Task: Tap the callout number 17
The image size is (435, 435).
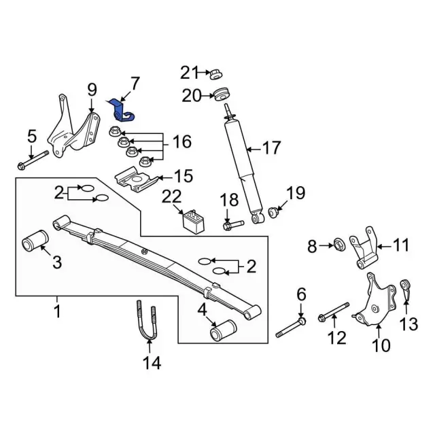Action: [271, 147]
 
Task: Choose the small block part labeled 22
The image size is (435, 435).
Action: [192, 221]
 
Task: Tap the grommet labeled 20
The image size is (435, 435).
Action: [222, 94]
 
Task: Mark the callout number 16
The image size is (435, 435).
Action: [181, 142]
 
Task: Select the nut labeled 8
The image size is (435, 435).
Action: [337, 243]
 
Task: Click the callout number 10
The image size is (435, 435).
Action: [381, 346]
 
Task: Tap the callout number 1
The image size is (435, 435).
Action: [58, 312]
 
